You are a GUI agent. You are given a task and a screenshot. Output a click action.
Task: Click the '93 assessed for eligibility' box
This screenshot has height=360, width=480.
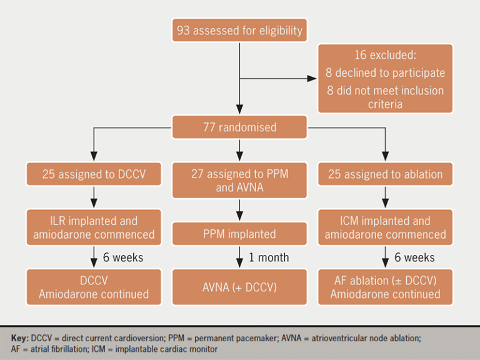click(x=239, y=31)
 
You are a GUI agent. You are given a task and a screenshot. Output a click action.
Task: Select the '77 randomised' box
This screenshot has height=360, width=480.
click(x=239, y=128)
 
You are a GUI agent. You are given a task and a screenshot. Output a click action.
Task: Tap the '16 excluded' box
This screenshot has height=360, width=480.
click(x=385, y=78)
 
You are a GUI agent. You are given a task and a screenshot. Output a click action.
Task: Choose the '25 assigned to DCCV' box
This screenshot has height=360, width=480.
click(x=94, y=174)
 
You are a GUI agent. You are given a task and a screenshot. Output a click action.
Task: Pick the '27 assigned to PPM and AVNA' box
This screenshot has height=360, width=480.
click(x=239, y=180)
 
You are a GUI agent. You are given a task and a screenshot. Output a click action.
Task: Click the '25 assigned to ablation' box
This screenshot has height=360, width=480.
click(x=385, y=174)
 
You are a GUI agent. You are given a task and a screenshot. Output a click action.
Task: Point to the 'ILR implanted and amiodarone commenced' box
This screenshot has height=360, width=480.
click(x=94, y=227)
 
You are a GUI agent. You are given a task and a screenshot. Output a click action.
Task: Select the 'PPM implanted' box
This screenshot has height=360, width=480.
click(x=239, y=234)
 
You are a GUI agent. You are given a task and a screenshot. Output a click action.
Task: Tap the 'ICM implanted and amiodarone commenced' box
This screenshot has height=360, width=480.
click(x=385, y=227)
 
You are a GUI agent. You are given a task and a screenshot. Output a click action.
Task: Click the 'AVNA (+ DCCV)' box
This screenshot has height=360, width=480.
click(x=239, y=287)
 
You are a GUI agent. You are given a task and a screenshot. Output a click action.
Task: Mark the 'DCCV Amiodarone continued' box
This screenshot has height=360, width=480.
click(x=94, y=287)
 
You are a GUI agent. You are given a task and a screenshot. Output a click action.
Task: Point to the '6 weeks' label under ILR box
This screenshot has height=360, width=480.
click(x=124, y=257)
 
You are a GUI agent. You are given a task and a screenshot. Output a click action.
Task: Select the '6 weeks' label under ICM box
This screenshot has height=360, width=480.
click(x=414, y=257)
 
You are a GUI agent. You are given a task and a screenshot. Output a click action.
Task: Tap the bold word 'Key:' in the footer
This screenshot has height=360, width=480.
click(x=20, y=337)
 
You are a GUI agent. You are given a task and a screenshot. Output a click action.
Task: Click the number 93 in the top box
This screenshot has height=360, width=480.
click(x=183, y=31)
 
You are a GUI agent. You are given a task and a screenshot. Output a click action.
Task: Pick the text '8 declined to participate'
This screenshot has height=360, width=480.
click(x=385, y=73)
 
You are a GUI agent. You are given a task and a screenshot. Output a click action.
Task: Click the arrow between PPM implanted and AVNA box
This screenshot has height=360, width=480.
click(x=239, y=257)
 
